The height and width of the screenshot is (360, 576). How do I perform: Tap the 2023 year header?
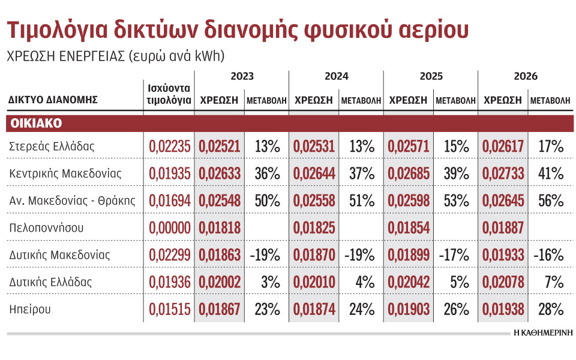coord(242,76)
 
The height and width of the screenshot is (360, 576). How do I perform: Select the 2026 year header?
coord(526,76)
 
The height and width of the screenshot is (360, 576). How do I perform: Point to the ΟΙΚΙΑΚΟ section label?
coord(37,123)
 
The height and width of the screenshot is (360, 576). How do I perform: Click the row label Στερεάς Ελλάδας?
coord(52,146)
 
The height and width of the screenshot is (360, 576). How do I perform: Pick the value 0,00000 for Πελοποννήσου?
coord(169,227)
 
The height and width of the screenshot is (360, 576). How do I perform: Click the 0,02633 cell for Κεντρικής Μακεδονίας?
coord(219,173)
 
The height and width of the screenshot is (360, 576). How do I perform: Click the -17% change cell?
coord(454,254)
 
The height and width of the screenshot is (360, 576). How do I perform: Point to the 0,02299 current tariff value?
coord(169,254)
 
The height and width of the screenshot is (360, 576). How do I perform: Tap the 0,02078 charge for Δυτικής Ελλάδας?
coord(503,282)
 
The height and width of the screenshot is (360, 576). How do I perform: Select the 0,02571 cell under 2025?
coord(408,146)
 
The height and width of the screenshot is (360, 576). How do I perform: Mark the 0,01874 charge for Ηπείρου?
coord(314,309)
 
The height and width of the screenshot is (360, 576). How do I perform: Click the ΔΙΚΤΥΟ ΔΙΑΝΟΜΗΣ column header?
coord(53,100)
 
